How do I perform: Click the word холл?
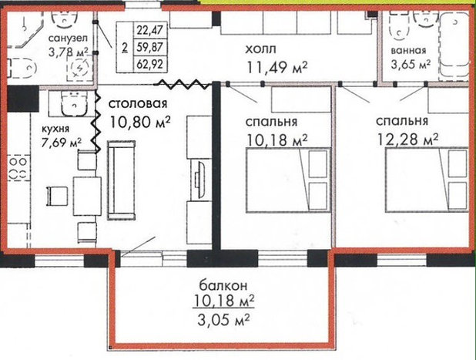(x=261, y=49)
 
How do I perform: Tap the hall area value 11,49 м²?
(x=277, y=67)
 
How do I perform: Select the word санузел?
(x=68, y=39)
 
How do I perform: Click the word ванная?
(x=408, y=50)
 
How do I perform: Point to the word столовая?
(x=138, y=103)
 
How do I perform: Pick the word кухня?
(x=55, y=129)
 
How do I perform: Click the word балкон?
(x=223, y=285)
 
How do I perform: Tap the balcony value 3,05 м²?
(x=223, y=320)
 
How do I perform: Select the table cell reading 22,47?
(x=150, y=30)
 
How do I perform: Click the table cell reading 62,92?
(x=150, y=64)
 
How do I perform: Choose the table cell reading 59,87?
(x=150, y=47)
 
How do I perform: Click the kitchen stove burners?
(x=18, y=168)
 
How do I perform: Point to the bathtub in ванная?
(x=454, y=45)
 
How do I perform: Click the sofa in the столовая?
(x=121, y=180)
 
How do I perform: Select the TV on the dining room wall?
(x=199, y=180)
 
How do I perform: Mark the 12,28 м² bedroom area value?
(x=407, y=140)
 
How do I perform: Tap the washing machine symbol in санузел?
(x=80, y=69)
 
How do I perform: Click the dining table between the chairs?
(x=88, y=197)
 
